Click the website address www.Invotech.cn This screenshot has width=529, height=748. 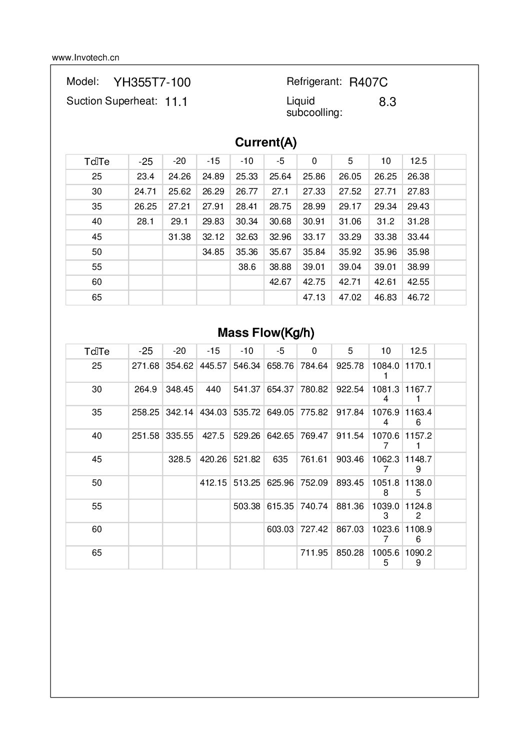click(85, 57)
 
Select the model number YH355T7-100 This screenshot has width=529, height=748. click(152, 82)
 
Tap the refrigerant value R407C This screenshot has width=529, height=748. click(368, 82)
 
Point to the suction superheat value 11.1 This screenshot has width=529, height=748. click(176, 102)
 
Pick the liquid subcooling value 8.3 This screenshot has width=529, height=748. click(387, 102)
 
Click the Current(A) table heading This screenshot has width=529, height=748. click(265, 142)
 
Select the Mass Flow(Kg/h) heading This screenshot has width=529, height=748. click(265, 333)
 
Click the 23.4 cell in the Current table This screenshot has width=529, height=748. click(145, 176)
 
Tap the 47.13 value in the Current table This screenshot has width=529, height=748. click(314, 297)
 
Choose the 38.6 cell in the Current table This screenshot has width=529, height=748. click(247, 267)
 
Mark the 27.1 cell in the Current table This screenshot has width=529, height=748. click(280, 191)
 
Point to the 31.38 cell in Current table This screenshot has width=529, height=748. click(179, 237)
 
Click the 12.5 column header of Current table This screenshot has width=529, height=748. click(418, 161)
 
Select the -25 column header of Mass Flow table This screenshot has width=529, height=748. click(145, 351)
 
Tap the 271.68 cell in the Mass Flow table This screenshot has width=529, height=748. click(145, 366)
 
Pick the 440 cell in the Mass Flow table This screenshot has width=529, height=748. click(213, 389)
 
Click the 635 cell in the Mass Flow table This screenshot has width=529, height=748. click(280, 459)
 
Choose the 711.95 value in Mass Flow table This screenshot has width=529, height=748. click(314, 553)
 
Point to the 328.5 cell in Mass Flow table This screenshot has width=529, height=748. click(179, 459)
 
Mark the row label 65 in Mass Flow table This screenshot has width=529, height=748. click(97, 553)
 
